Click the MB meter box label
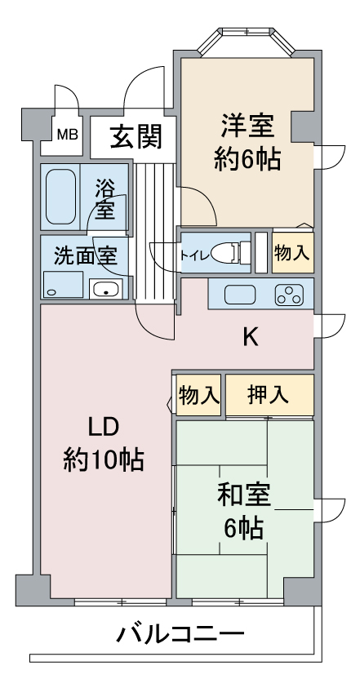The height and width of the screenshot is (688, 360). [x=68, y=135]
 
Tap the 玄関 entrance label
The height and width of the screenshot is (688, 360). [x=136, y=136]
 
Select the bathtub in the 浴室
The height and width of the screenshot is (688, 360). [x=60, y=197]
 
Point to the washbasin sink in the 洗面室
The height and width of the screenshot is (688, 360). [x=105, y=289]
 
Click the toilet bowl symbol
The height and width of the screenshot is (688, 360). [x=229, y=253]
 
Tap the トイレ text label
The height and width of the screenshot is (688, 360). [x=193, y=255]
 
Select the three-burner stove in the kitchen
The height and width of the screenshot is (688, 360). [x=289, y=295]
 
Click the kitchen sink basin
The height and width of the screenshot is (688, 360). [x=240, y=295]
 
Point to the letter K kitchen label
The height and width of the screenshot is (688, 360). [x=251, y=338]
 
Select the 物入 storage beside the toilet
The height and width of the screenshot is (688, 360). [x=293, y=252]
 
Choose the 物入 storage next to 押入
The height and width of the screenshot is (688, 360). [x=199, y=395]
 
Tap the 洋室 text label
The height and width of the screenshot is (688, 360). [x=248, y=126]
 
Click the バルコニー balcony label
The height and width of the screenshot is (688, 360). [x=180, y=634]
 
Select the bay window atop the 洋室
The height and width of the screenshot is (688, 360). [x=246, y=41]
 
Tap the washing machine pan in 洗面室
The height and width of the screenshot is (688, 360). [x=64, y=285]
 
